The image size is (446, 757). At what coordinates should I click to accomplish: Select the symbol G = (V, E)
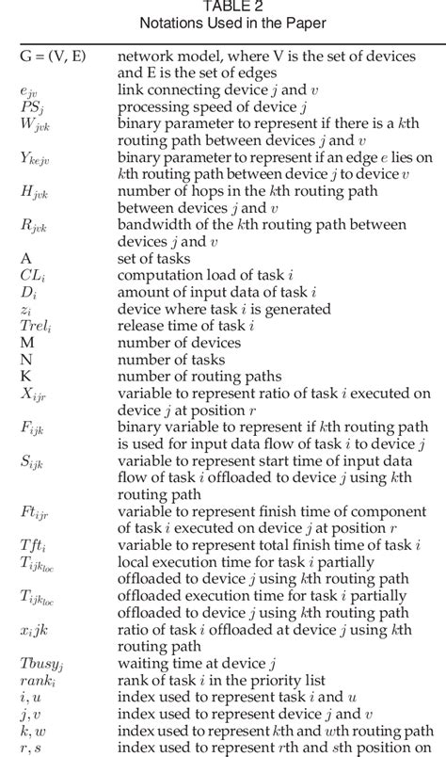click(53, 56)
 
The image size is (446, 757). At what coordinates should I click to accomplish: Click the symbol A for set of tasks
click(25, 257)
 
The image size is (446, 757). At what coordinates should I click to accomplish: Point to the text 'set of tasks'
click(154, 257)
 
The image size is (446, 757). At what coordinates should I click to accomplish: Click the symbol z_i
click(26, 308)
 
